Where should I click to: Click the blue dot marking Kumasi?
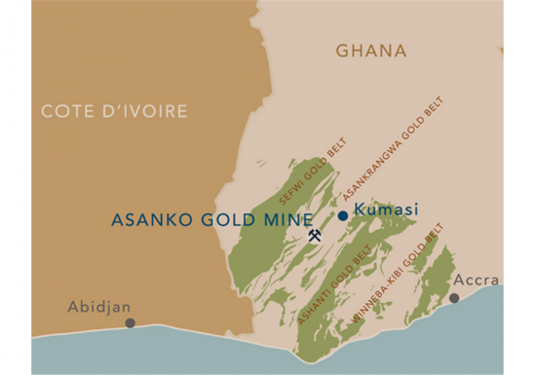tap(343, 215)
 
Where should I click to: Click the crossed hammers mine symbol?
tap(315, 236)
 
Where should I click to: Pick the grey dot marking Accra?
tap(454, 298)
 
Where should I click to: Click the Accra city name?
tap(476, 281)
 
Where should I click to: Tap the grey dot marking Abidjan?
tap(130, 322)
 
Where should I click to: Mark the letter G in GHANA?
tap(342, 50)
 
